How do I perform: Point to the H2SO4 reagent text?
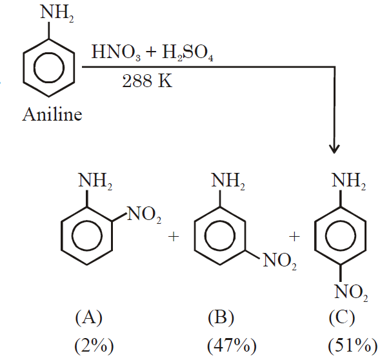[185, 52]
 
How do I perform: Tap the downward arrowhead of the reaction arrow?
[334, 148]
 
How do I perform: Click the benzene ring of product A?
[86, 238]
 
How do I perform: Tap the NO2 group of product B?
[277, 263]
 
